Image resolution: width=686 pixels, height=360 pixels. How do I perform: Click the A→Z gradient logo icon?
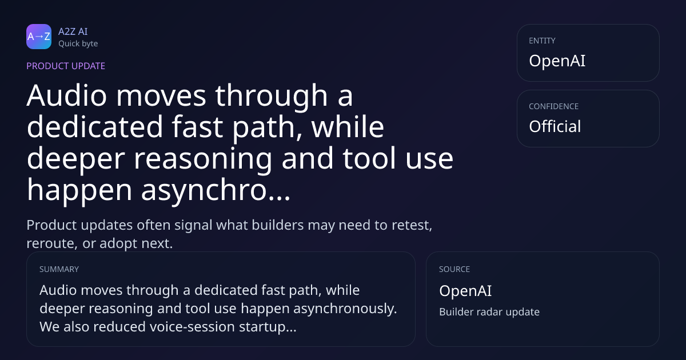click(39, 37)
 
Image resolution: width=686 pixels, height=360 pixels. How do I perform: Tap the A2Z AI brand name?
click(73, 31)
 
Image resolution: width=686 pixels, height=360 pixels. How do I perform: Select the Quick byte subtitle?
click(78, 43)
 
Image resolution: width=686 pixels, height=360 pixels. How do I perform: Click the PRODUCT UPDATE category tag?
click(66, 66)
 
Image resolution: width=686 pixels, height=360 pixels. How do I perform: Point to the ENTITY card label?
click(542, 41)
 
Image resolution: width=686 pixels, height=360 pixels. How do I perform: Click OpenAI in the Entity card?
click(557, 61)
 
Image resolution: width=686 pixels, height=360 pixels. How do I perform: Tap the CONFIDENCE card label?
click(554, 106)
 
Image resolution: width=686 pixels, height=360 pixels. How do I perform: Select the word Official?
click(555, 126)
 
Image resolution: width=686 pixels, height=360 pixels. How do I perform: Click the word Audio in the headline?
click(67, 95)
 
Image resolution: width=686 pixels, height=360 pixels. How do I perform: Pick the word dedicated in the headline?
click(95, 127)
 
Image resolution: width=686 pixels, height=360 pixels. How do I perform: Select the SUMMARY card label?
click(59, 269)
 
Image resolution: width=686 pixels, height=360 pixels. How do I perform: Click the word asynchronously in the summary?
click(345, 309)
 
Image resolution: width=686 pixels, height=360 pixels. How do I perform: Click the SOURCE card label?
click(454, 269)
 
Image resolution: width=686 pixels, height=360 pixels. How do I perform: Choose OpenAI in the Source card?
click(465, 290)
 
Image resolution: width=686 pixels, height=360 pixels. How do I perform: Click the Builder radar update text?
click(489, 312)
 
